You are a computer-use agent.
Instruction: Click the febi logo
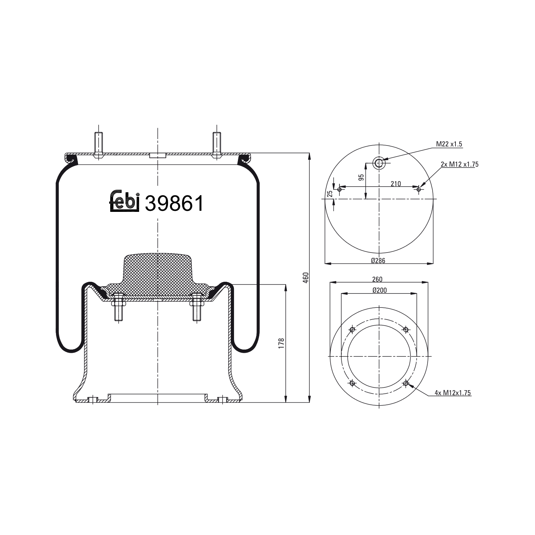click(124, 201)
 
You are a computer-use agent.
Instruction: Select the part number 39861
click(174, 204)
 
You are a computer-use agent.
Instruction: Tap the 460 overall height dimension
click(306, 277)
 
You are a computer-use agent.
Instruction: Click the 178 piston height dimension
click(281, 343)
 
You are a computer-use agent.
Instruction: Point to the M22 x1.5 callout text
click(449, 144)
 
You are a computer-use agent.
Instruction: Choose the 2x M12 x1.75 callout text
click(459, 164)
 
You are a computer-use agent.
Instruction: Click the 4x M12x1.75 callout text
click(453, 393)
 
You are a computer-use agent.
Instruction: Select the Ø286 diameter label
click(378, 260)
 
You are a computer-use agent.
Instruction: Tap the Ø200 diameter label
click(379, 290)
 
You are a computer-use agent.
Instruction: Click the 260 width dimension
click(377, 279)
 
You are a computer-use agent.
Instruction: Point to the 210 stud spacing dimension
click(396, 184)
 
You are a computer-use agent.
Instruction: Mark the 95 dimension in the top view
click(361, 177)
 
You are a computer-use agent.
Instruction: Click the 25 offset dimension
click(330, 193)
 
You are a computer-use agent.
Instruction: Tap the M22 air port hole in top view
click(378, 163)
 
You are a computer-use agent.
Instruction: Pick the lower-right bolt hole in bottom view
click(406, 383)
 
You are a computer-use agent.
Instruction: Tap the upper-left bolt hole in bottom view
click(352, 330)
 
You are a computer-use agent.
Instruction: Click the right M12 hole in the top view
click(419, 189)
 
